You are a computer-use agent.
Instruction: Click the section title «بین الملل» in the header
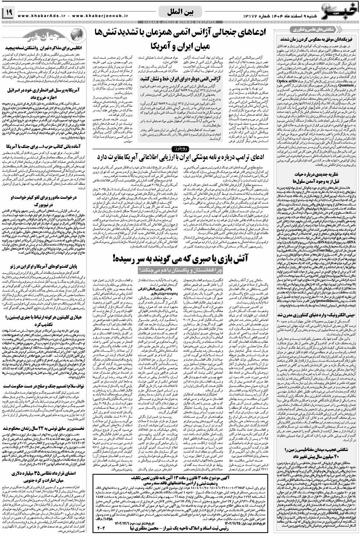(183, 14)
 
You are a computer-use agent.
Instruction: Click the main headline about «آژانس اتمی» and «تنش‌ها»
(183, 39)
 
